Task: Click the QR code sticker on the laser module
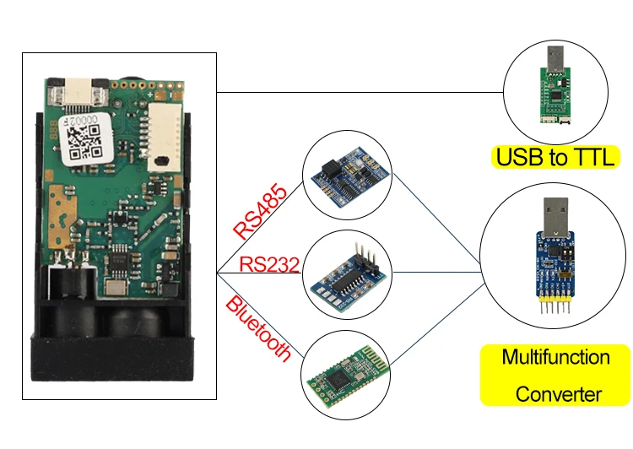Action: point(86,140)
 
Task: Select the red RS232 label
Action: point(269,264)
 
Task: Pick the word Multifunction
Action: point(555,356)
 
